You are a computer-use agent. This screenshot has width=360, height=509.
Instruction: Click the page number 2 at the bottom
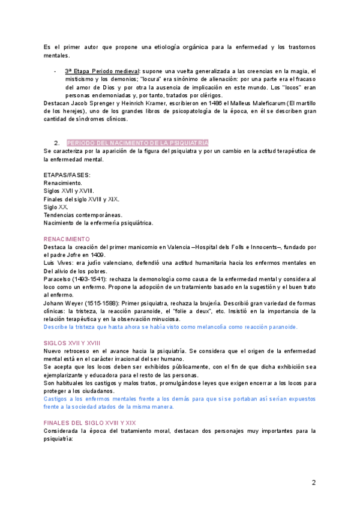point(313,483)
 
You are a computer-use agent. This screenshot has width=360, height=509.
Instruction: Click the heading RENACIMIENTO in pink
point(67,239)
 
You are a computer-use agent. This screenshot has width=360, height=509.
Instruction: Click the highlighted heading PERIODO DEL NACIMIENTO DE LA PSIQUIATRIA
point(137,143)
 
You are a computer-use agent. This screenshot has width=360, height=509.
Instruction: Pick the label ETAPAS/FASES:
point(67,175)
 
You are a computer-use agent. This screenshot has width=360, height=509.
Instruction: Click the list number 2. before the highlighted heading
point(56,143)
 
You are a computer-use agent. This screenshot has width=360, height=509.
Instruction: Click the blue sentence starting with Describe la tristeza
point(170,327)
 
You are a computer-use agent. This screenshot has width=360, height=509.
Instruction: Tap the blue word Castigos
point(58,398)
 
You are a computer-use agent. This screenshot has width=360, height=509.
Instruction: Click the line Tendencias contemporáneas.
point(83,215)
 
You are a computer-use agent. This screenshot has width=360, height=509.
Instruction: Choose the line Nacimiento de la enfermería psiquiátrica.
point(98,223)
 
